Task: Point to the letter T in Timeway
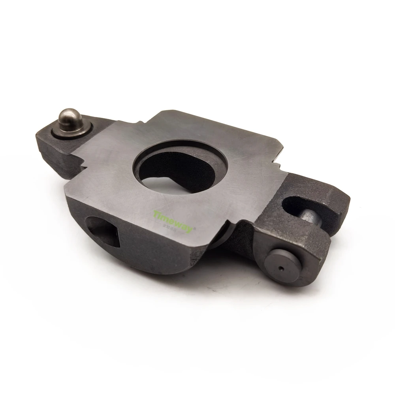tap(156, 212)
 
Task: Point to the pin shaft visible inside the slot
tap(310, 216)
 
